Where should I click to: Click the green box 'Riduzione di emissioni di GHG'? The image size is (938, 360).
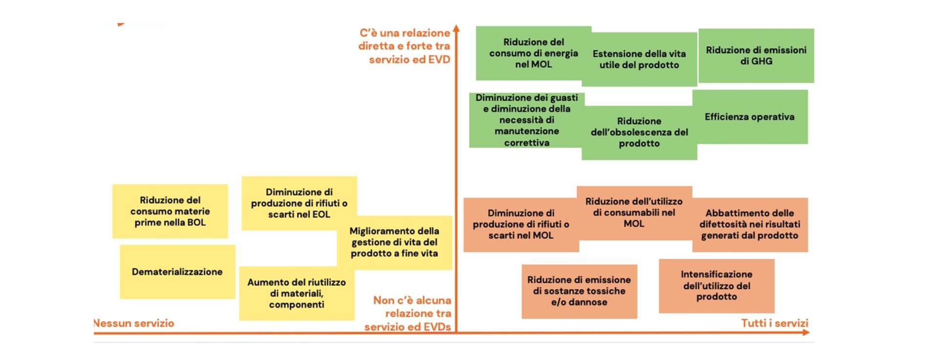756,56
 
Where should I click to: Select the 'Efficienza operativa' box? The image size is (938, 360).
749,117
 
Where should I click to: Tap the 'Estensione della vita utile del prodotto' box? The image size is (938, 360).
639,59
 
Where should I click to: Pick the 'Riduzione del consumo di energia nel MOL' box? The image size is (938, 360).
533,53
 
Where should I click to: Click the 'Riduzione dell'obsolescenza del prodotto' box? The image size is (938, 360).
639,132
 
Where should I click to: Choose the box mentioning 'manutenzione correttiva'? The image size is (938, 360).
526,120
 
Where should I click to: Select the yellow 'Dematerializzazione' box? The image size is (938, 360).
177,272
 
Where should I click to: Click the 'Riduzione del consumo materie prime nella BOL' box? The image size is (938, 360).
170,211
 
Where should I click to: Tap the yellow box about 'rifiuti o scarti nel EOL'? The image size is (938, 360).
299,203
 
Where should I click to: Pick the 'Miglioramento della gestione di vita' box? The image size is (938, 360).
394,242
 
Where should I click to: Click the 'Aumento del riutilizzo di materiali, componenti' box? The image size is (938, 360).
297,293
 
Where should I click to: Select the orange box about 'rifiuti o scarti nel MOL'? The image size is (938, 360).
521,224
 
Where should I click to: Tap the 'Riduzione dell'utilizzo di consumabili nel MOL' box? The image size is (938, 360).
634,212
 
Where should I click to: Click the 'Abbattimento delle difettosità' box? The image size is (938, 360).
749,224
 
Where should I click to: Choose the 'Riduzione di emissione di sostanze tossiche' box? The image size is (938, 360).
579,291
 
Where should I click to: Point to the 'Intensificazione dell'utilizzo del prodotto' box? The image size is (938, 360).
716,286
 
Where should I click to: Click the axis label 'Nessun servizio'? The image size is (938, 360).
133,323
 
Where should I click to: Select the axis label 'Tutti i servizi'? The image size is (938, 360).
774,323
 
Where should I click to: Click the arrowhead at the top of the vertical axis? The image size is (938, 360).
456,28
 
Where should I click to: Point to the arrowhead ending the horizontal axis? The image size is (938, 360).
806,333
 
